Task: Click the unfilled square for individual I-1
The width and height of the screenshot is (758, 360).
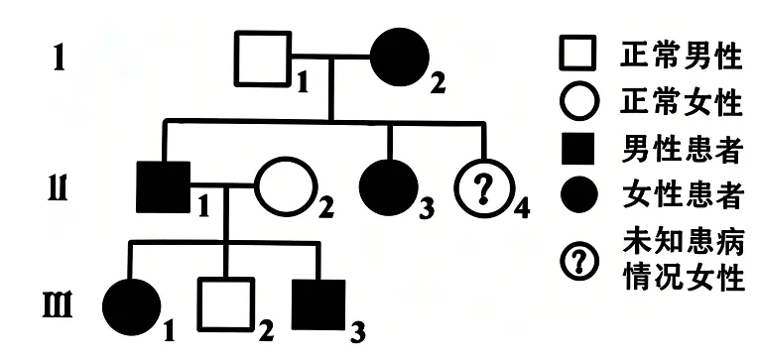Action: coord(235,59)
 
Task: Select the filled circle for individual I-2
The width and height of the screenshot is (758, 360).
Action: coord(400,57)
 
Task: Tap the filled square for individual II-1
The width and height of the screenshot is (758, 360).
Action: coord(164,187)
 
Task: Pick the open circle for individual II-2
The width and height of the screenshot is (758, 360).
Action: coord(257,186)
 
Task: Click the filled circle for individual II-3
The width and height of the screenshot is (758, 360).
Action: coord(389,187)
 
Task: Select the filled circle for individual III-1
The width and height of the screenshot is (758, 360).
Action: coord(132,306)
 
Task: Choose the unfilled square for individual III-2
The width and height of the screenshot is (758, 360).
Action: coord(199,303)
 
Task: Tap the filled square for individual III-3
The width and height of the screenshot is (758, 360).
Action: coord(318,304)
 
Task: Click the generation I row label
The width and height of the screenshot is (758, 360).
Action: coord(59,59)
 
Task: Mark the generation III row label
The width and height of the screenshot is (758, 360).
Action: coord(58,304)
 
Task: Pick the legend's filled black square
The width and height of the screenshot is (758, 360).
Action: coord(577,149)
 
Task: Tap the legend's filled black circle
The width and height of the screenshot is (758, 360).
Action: coord(579,194)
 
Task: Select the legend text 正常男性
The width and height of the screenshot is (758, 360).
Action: coord(682,57)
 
